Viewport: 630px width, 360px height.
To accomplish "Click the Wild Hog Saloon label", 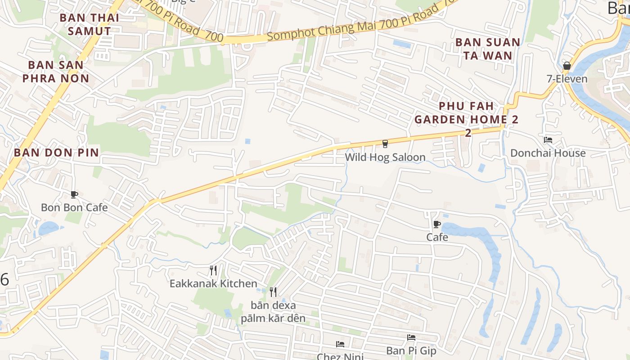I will click(385, 157).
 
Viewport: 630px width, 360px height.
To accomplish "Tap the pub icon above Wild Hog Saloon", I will click(385, 144).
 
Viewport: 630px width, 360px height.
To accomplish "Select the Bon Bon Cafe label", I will click(74, 207).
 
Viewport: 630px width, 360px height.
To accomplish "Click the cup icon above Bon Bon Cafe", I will click(74, 194).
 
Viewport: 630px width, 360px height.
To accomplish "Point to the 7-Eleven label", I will click(567, 79).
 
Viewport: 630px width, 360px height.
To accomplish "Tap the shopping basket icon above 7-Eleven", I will click(567, 66).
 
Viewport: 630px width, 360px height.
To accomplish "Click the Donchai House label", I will click(548, 153).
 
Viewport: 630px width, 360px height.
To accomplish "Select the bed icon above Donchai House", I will click(548, 140).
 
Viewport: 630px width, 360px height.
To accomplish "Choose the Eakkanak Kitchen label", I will click(213, 283).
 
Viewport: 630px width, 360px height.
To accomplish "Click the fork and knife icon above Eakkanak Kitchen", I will click(213, 270).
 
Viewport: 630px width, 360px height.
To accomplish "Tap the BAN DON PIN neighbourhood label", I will click(56, 152).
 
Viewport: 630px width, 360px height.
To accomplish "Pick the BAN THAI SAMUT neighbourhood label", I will click(89, 24).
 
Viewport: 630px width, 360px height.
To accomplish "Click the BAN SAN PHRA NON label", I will click(56, 72).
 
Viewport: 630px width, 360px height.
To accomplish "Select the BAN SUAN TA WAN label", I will click(488, 49).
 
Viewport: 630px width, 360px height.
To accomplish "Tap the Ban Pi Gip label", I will click(411, 351).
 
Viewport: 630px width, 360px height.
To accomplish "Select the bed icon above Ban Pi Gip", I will click(411, 337).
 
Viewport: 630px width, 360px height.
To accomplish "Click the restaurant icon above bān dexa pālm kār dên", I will click(273, 292).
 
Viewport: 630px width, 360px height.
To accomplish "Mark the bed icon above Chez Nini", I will click(340, 344).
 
